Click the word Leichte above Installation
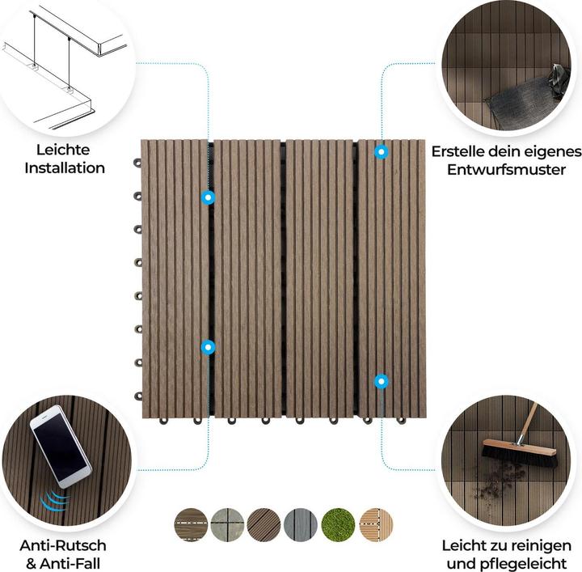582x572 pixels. [63, 150]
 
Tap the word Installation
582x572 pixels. [65, 168]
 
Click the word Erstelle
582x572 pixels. [460, 151]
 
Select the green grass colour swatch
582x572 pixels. [339, 523]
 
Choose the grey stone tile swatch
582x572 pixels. [228, 523]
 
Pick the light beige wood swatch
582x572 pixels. [376, 523]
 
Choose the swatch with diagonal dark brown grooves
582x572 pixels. [264, 523]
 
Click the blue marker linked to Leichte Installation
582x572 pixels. [209, 197]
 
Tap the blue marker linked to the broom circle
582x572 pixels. [381, 379]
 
